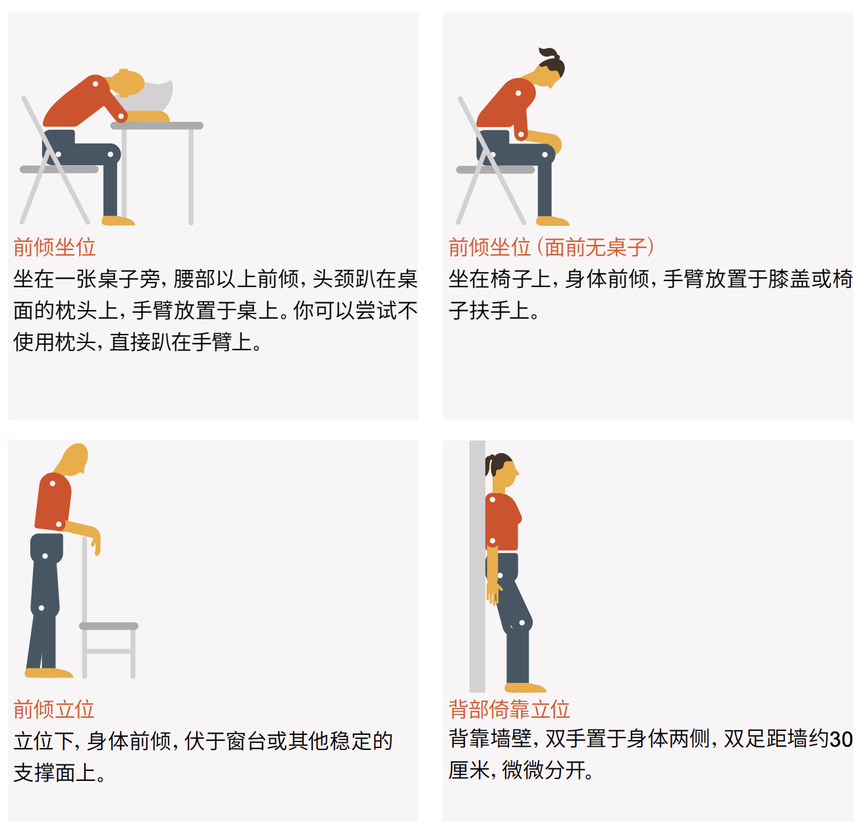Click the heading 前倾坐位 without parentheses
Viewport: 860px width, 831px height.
55,247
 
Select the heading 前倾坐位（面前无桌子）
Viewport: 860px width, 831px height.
551,247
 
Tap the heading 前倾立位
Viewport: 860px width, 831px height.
54,709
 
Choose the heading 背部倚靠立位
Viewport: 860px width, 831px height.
509,709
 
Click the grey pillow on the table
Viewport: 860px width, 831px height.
150,98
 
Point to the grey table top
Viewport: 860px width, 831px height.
157,126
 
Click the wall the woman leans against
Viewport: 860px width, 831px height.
477,566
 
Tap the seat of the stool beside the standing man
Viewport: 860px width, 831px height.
109,626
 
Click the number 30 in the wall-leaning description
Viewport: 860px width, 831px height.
840,739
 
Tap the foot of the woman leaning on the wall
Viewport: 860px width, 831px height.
525,687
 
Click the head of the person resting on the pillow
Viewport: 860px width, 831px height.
128,83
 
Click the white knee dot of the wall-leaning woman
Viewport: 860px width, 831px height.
522,623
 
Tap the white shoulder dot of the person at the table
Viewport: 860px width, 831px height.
95,84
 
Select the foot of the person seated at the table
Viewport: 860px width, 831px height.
118,221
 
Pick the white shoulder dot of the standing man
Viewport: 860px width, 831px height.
53,483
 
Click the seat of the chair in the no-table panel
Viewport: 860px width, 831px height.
495,170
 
